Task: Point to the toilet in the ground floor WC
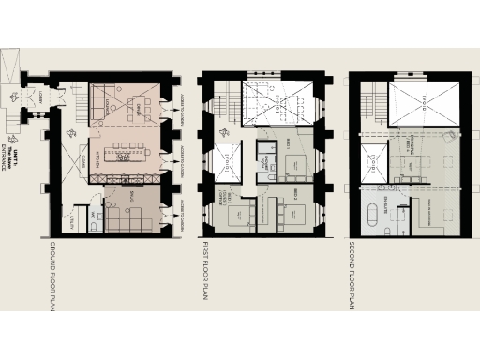[x=97, y=225]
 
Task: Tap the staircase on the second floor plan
[x=373, y=103]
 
